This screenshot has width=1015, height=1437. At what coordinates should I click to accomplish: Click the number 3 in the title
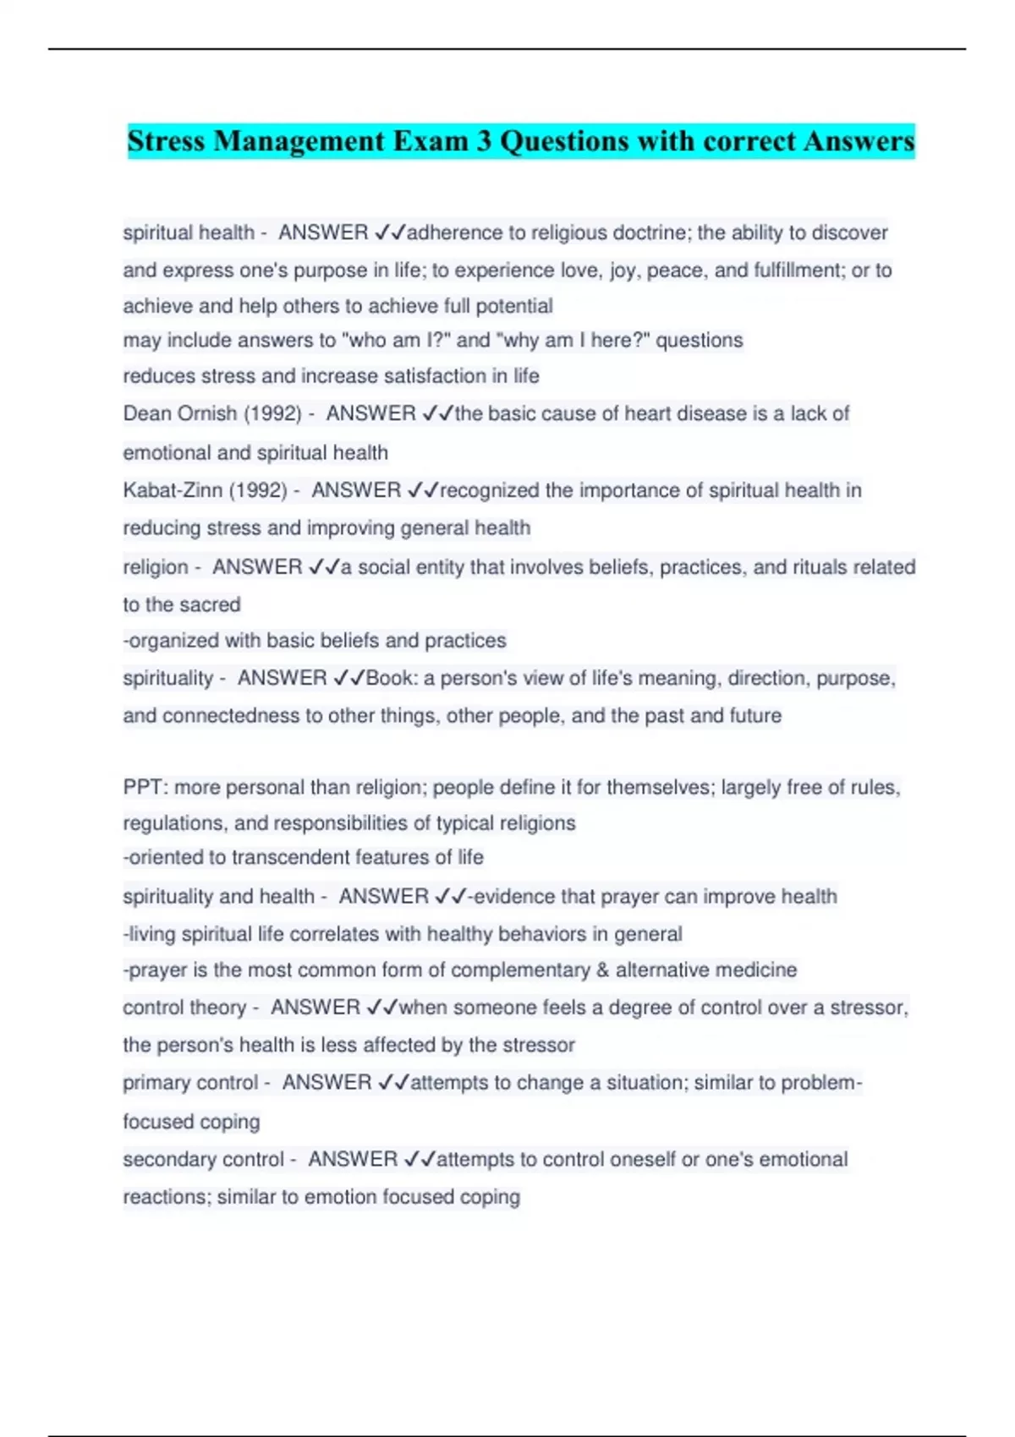(484, 141)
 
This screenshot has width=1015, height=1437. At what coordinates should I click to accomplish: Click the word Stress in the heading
(167, 141)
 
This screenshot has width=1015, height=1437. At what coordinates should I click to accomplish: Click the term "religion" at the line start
(156, 567)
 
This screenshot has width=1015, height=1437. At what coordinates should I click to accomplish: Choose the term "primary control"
(190, 1083)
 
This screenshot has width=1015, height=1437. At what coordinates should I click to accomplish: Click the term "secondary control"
(203, 1160)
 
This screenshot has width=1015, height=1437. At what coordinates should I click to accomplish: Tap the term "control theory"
(184, 1008)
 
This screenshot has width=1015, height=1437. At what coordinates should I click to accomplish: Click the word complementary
(520, 970)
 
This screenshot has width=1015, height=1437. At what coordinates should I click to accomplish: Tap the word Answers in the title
(859, 141)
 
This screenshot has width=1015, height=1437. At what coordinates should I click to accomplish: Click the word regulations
(175, 823)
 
